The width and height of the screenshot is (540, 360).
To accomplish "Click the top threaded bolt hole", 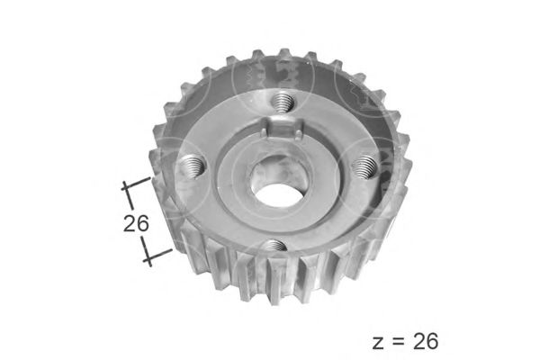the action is tap(283, 103).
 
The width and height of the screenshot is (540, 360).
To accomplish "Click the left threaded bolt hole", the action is tap(193, 166).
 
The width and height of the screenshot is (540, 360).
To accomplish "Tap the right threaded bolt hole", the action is tap(365, 166).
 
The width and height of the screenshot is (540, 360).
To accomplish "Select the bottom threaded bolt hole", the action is tap(274, 247).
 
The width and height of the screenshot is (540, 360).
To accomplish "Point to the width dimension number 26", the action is tap(136, 223).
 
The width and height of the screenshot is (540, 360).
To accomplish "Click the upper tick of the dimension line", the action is tap(137, 184).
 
